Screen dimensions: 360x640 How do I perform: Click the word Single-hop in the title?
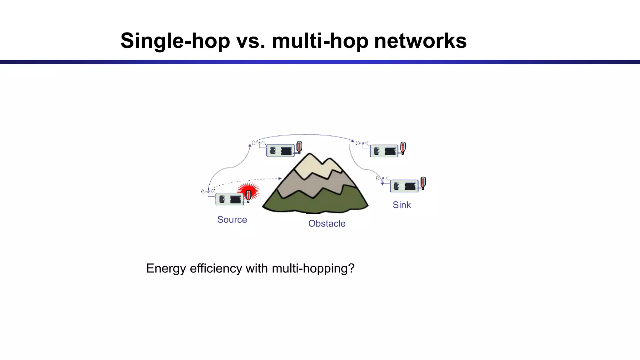(x=175, y=41)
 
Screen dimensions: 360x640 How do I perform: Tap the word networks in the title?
(x=420, y=41)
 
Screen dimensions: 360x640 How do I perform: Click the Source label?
(x=232, y=220)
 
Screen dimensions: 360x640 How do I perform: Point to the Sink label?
(x=402, y=205)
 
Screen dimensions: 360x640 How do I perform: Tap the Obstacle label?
(x=327, y=224)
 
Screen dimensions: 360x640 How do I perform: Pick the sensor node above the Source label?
(x=230, y=199)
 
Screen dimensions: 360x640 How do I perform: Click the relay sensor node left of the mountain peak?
(x=280, y=151)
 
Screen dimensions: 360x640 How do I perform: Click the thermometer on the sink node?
(x=423, y=183)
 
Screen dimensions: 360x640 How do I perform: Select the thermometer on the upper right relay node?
(x=403, y=148)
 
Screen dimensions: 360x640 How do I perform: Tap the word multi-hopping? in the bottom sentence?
(x=313, y=268)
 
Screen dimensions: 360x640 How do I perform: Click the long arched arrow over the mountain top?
(x=303, y=135)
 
